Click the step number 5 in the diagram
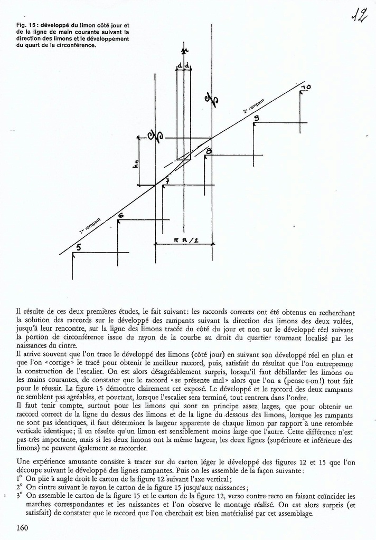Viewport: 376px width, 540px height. point(78,247)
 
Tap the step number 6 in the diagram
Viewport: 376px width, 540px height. point(121,216)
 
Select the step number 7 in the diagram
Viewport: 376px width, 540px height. point(167,182)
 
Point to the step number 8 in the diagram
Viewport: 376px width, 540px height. point(209,152)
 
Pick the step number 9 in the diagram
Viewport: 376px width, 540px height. point(257,118)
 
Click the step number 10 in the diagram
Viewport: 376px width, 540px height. point(306,86)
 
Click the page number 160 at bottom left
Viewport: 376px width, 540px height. point(22,527)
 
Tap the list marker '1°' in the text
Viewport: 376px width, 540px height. point(20,479)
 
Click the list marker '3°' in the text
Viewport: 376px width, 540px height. point(20,496)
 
